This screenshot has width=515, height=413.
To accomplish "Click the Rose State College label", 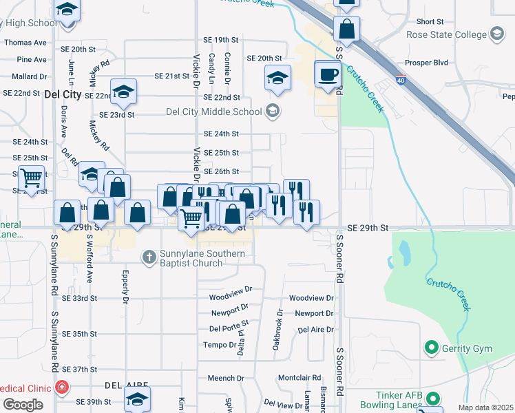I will tap(445, 34).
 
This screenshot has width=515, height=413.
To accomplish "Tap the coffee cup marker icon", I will tap(328, 74).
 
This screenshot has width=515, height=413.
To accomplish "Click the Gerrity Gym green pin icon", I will tap(432, 348).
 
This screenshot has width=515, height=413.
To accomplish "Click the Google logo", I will tap(23, 405).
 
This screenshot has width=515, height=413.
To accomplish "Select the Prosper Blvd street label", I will tap(427, 63).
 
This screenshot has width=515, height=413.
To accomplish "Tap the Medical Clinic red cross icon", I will tap(62, 388).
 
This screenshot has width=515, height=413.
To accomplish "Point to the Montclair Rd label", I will tap(299, 378).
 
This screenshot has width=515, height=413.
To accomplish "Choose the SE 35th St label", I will tap(79, 334).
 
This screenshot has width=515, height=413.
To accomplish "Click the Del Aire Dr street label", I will tap(316, 330).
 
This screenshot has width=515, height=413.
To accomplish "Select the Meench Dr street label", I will tap(221, 378).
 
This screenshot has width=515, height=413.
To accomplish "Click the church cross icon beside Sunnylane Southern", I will tap(148, 257).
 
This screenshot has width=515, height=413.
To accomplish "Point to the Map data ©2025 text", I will tap(486, 407).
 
